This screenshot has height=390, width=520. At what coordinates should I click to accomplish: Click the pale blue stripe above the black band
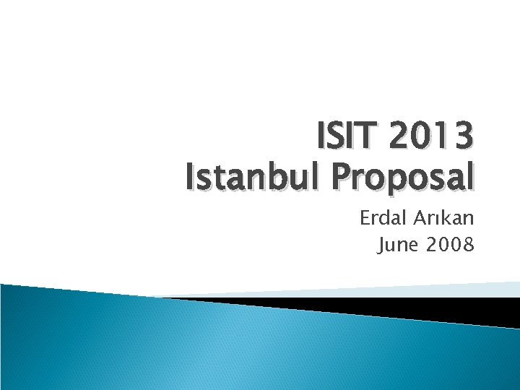click(x=433, y=290)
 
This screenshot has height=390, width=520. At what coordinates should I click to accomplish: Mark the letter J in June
click(x=383, y=246)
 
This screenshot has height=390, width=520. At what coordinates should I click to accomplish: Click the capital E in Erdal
click(x=365, y=219)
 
